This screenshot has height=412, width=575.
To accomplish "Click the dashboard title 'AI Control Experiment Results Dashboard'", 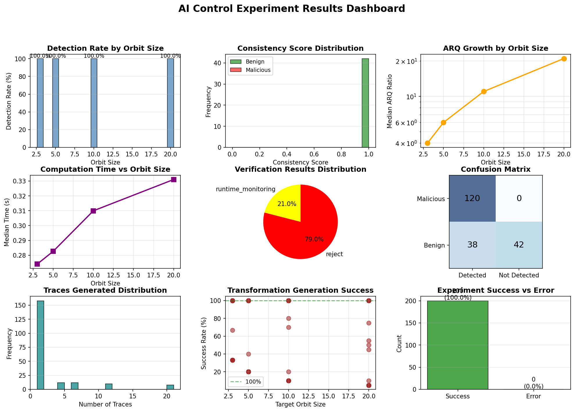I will tap(291, 9).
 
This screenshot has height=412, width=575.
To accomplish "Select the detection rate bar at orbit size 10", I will tap(94, 103).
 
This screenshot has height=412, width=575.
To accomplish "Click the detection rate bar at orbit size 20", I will tap(171, 103).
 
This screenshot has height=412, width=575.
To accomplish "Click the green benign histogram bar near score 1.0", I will tap(365, 103).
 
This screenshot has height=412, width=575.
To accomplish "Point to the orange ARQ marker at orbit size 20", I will tap(564, 59).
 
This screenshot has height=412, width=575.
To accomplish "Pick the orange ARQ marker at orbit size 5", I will tap(443, 122).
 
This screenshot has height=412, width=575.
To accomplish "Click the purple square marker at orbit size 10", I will tap(93, 211).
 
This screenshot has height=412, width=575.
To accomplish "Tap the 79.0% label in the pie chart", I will tap(314, 240).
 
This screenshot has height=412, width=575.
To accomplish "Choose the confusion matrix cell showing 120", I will tap(472, 198).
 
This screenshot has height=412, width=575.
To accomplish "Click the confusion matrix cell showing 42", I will tap(519, 245).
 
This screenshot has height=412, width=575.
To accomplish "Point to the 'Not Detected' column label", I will tap(519, 275).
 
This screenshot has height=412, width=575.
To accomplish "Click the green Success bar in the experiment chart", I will tap(458, 345).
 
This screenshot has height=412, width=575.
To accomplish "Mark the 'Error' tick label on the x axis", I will tap(533, 397).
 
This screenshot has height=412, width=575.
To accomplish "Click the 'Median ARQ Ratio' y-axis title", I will tap(390, 101).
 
